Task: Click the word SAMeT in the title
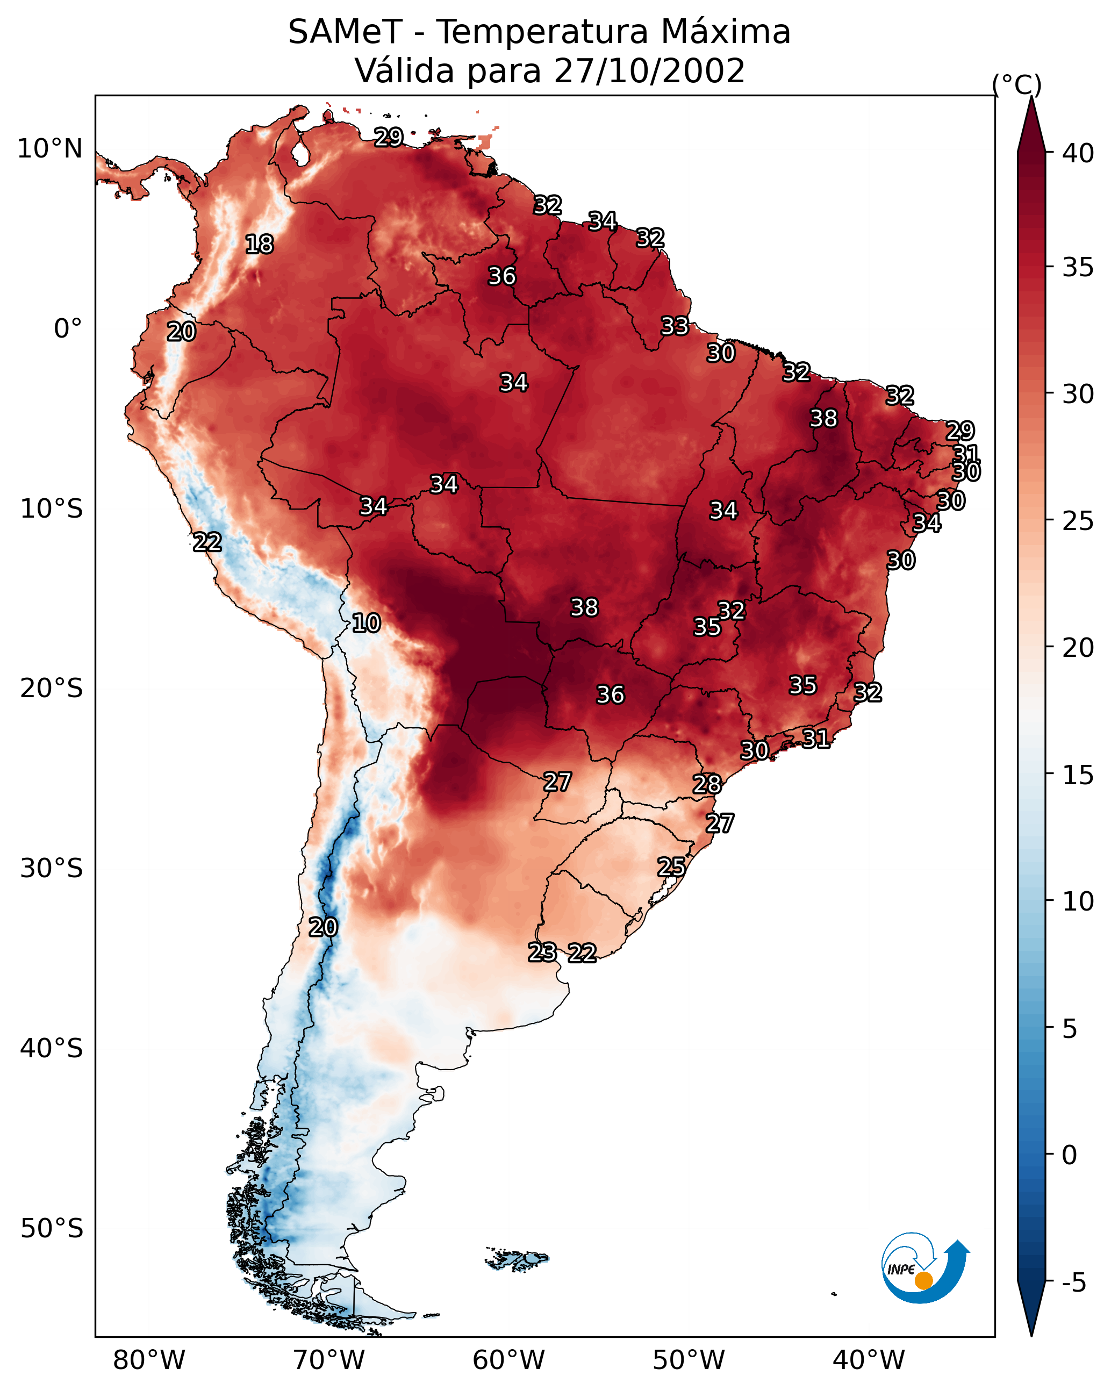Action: (x=345, y=32)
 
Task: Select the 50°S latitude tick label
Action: (x=52, y=1229)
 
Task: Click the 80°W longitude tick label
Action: (x=149, y=1360)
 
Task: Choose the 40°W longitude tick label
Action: (x=869, y=1360)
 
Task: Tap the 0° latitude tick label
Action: (x=68, y=329)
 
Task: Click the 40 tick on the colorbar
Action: (x=1078, y=153)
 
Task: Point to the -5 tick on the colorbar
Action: (x=1073, y=1283)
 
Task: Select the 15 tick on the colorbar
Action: (x=1078, y=775)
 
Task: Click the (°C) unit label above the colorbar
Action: (x=1017, y=84)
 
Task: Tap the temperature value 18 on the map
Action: (x=259, y=245)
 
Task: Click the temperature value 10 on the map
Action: (x=366, y=624)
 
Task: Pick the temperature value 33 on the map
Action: (x=675, y=326)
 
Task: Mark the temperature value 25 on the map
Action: (x=671, y=867)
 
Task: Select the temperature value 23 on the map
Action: (x=542, y=952)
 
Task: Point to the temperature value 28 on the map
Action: (x=707, y=785)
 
